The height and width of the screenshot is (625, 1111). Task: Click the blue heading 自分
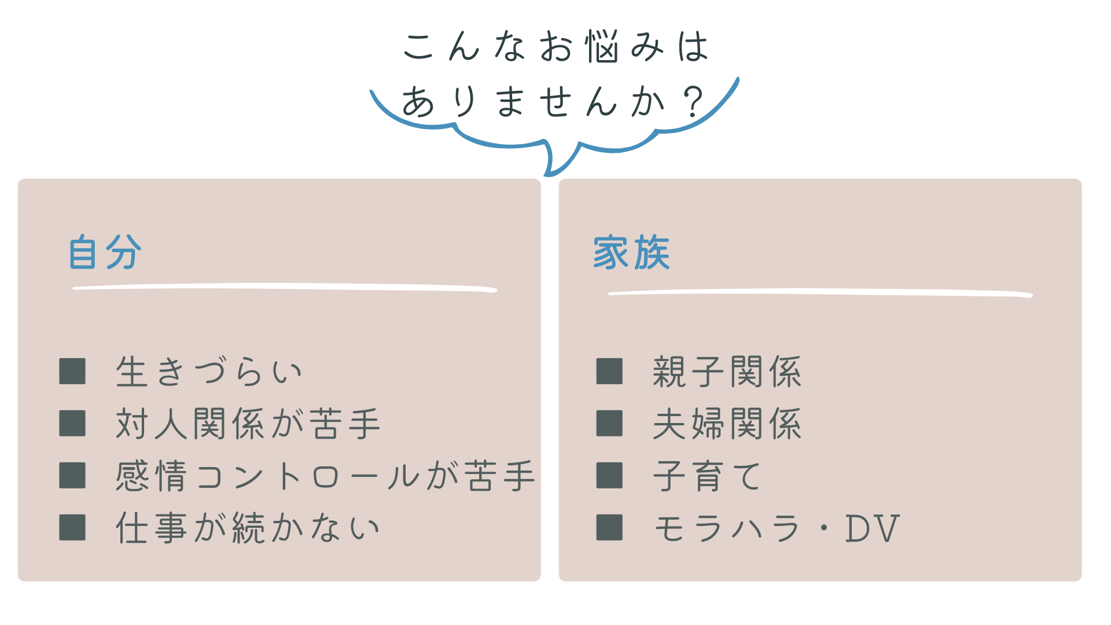[105, 252]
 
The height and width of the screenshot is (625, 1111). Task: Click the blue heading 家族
[631, 252]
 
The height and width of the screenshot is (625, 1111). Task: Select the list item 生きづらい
[209, 372]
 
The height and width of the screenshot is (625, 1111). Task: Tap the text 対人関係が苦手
[248, 424]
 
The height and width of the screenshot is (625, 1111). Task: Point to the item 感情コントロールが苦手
[325, 476]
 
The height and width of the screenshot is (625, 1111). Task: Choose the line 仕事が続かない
[248, 528]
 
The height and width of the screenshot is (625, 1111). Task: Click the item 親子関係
[727, 372]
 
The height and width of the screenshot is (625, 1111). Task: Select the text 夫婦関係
[727, 424]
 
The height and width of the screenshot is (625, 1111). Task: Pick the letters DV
[873, 528]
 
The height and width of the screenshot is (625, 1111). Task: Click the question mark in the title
[693, 102]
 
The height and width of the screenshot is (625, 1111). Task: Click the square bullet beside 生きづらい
[72, 371]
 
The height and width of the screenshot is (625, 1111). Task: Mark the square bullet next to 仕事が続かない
[72, 527]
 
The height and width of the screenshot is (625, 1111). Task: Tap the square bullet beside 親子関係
[609, 371]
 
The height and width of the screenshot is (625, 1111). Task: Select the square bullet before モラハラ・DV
[609, 527]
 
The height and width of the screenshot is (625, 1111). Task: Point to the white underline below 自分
[285, 286]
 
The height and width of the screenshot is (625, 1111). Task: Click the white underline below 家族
[821, 292]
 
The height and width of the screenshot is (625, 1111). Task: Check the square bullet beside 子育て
[609, 475]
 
